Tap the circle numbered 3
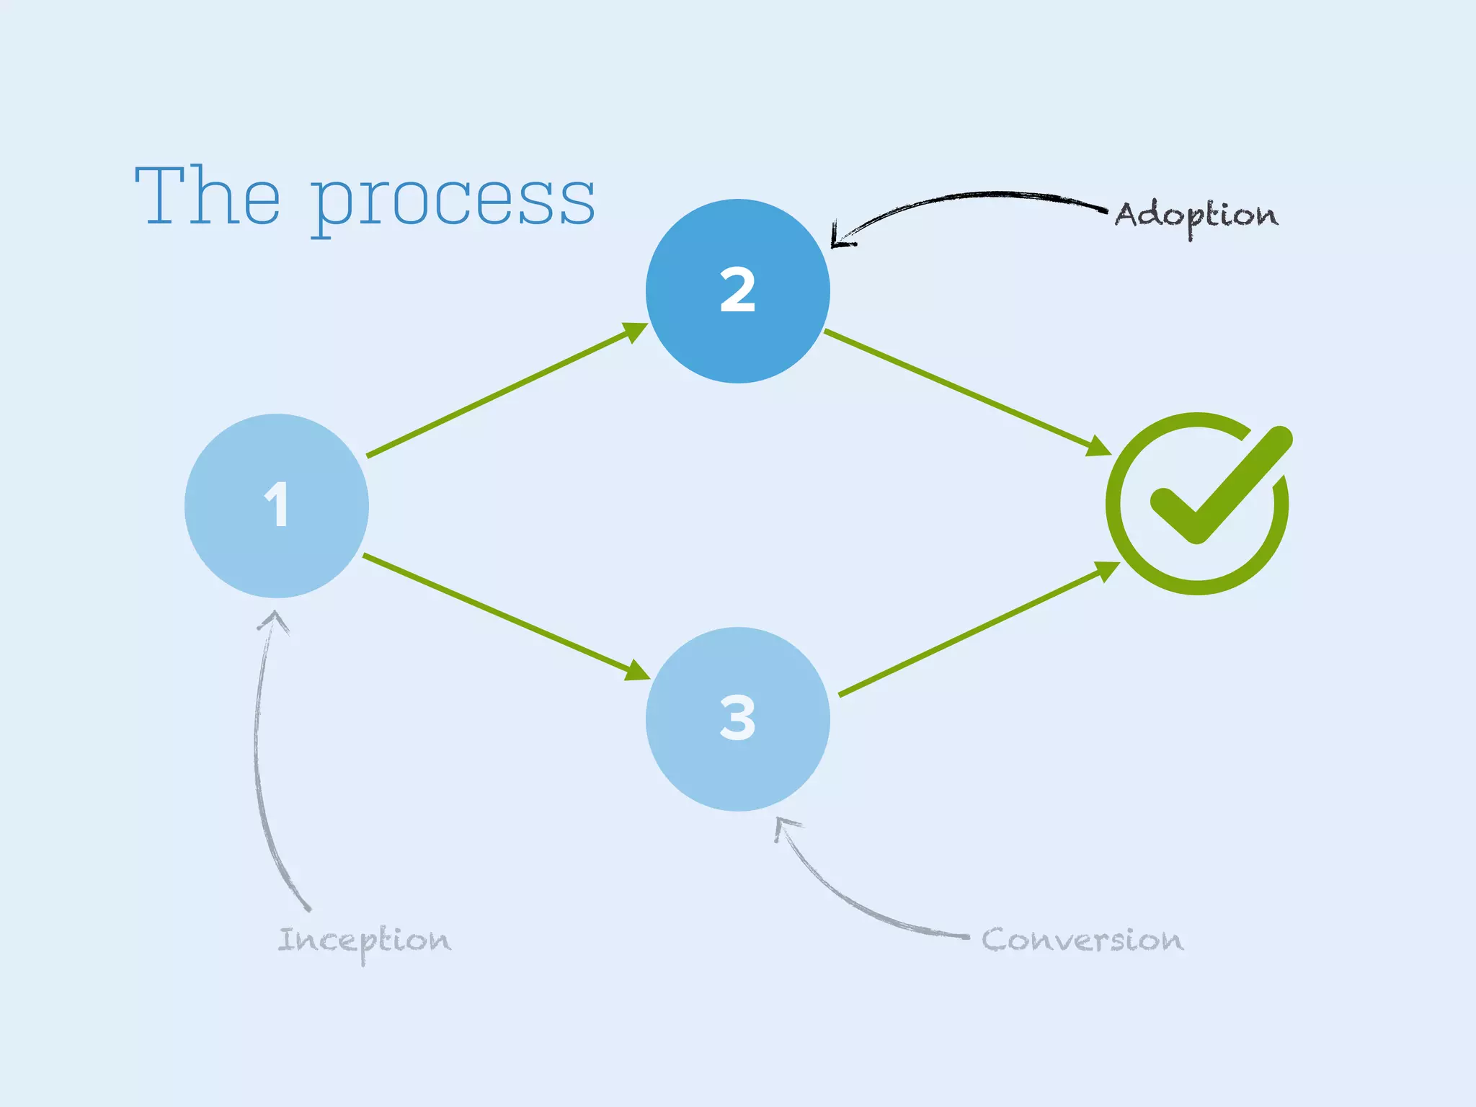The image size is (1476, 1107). pos(737,771)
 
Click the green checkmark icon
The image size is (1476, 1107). pos(1198,503)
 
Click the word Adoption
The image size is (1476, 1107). pos(1196,215)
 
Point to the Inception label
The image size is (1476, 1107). pos(364,941)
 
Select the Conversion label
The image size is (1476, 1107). pos(1082,940)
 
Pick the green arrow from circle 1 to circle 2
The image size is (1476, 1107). pos(504,391)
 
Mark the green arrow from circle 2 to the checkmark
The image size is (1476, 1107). pos(966,392)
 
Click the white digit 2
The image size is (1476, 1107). pos(737,290)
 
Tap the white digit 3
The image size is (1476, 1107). pos(737,718)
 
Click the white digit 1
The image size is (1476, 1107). pos(277,504)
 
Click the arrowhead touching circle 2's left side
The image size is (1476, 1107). pos(634,332)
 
